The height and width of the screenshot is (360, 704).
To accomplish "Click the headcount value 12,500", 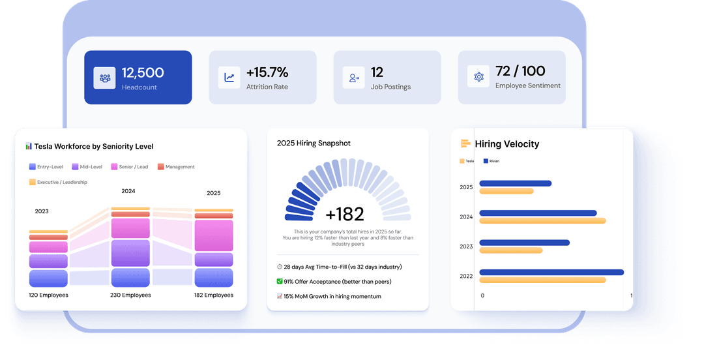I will coord(143,72).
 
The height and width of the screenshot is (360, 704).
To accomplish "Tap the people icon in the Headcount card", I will coord(104,78).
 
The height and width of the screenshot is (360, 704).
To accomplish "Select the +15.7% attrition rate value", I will coord(267,72).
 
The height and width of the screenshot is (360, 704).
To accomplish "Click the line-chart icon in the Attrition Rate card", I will coord(229,78).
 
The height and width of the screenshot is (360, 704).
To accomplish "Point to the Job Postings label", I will coord(390,87).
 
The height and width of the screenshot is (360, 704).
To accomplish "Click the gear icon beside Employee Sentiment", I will coord(478,77).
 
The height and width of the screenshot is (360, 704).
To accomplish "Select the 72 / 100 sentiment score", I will coord(520,71).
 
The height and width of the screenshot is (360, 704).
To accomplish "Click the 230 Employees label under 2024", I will coord(130,295).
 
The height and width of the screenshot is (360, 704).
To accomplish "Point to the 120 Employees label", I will coord(48,295).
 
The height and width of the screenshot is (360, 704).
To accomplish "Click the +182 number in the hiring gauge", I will coord(344,214).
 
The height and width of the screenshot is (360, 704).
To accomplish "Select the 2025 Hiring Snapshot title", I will coord(314,143).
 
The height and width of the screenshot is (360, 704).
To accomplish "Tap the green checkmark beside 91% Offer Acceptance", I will coord(280,282).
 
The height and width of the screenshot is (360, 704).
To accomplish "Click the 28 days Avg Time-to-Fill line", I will coord(339,267).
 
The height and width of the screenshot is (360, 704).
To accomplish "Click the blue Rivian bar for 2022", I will coord(551,273).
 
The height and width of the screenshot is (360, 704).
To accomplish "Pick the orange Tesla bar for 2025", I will coord(506,191).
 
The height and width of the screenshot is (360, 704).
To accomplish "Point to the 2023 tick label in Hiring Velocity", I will coord(466,247).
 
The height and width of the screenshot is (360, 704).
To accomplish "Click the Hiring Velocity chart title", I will coord(506,144).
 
